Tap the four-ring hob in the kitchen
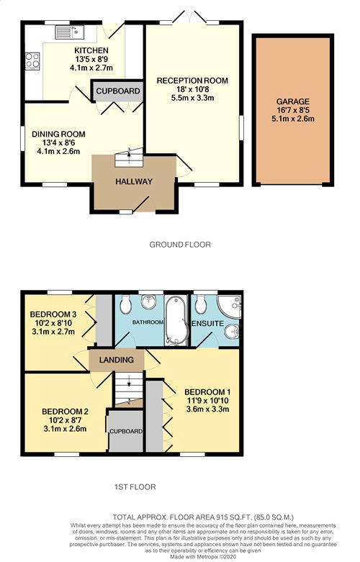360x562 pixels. coord(32,60)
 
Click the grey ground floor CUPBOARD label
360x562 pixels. coord(116,91)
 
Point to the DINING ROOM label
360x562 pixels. coord(58,133)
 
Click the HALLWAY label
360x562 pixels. coord(134,181)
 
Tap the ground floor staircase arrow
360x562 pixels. coord(130,153)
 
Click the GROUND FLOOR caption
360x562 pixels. coord(180,245)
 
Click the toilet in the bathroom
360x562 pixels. coord(127,307)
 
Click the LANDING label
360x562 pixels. coord(116,359)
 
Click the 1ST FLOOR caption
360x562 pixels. coord(135,487)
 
